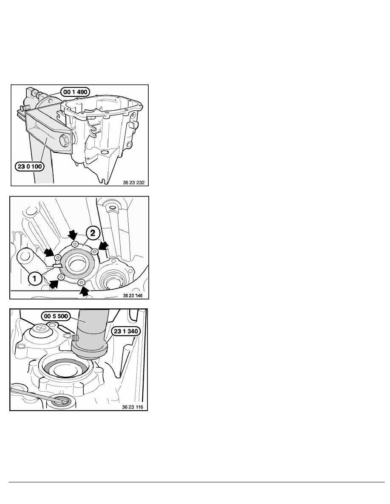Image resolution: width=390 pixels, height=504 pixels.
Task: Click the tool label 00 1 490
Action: coord(76,92)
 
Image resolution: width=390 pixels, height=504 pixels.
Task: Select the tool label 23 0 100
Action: coord(30,166)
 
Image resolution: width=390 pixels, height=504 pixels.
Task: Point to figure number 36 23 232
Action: coord(133,182)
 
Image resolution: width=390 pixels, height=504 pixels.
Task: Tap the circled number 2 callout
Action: coord(93,233)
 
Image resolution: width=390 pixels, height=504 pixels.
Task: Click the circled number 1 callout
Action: coord(34,278)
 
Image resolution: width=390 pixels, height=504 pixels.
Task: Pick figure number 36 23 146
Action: coord(133,295)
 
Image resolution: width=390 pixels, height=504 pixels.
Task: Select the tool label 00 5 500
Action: coord(56,316)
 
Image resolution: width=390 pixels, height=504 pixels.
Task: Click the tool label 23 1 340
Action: coord(126,331)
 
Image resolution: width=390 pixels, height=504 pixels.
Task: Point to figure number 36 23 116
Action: coord(133,407)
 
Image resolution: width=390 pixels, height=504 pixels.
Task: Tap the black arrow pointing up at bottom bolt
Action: coord(84,291)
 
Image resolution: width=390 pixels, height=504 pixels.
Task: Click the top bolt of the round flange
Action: coord(75,244)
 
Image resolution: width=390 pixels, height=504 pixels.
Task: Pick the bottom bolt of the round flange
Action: coord(81,283)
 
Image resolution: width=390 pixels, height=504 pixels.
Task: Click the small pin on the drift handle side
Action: coord(75,338)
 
